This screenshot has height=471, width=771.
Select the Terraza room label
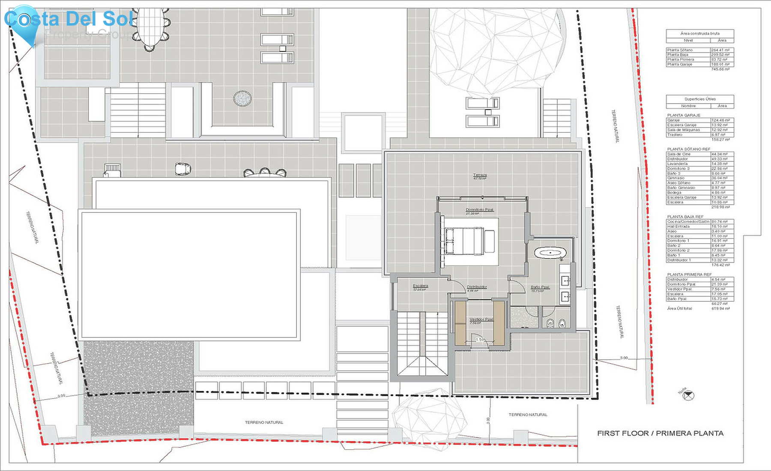pyautogui.click(x=480, y=175)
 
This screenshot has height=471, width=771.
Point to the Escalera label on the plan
pyautogui.click(x=420, y=286)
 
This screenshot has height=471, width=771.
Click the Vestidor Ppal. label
pyautogui.click(x=481, y=319)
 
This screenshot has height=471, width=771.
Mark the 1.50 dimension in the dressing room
pyautogui.click(x=481, y=340)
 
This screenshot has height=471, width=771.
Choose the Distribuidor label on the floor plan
pyautogui.click(x=477, y=287)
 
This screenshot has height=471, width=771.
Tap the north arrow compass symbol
pyautogui.click(x=688, y=396)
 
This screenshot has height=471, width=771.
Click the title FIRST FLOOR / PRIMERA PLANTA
pyautogui.click(x=660, y=433)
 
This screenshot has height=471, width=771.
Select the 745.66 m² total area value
pyautogui.click(x=720, y=69)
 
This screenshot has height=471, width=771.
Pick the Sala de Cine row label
pyautogui.click(x=679, y=154)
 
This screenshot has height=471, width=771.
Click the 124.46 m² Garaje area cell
pyautogui.click(x=720, y=120)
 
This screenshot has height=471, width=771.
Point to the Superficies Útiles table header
pyautogui.click(x=700, y=99)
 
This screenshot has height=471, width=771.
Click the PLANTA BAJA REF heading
pyautogui.click(x=685, y=217)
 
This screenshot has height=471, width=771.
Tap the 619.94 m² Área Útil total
pyautogui.click(x=720, y=308)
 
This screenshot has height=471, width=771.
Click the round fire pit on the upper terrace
pyautogui.click(x=242, y=98)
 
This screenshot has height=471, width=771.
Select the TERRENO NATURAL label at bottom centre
pyautogui.click(x=264, y=423)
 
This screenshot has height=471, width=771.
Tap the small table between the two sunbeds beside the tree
pyautogui.click(x=488, y=112)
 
